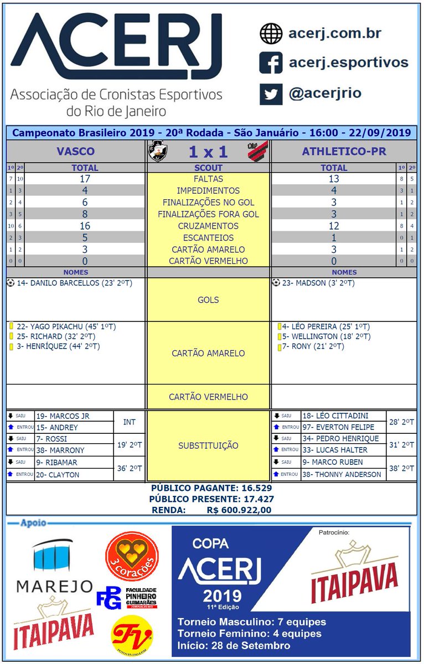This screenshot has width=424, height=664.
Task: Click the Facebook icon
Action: point(271,63)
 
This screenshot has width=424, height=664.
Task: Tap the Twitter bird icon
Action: point(271,94)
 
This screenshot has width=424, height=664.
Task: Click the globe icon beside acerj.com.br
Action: point(271,34)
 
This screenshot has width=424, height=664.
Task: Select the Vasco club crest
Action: point(158,151)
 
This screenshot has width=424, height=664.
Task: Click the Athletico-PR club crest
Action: point(257,151)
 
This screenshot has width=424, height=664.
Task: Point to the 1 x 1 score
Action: point(208,151)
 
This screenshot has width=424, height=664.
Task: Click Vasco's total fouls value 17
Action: point(85,179)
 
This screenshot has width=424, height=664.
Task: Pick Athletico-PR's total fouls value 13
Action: point(334,179)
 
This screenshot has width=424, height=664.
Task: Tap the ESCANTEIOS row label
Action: point(208,238)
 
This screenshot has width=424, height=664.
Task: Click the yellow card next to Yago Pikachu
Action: point(11,326)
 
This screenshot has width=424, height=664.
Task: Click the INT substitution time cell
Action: point(129,422)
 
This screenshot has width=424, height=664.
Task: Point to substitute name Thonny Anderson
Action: point(342,474)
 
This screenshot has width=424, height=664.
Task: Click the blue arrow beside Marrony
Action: point(11,450)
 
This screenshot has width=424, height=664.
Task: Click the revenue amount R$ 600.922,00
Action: point(239,510)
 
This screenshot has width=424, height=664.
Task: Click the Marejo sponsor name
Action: point(54,585)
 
